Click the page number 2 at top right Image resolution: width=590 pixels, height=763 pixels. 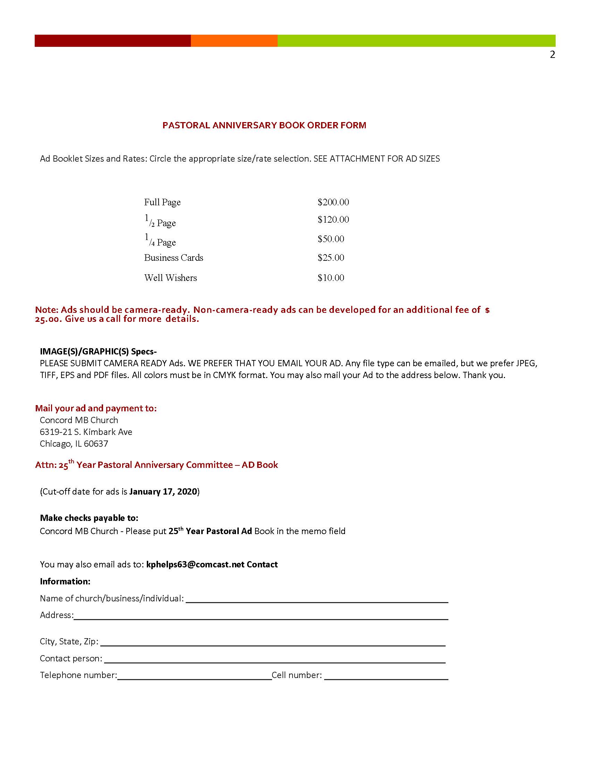(x=552, y=55)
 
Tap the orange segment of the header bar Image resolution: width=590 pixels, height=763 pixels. (x=234, y=41)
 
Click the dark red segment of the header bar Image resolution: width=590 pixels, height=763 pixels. (x=112, y=41)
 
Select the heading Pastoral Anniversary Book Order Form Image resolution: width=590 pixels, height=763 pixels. (x=264, y=125)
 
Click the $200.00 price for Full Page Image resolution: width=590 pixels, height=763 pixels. (x=333, y=202)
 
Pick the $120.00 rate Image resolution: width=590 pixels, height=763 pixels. (x=333, y=220)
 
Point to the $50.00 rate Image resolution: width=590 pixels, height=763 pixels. (x=331, y=239)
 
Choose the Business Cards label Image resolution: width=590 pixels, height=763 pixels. (x=174, y=258)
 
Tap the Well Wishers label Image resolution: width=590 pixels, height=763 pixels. (x=170, y=278)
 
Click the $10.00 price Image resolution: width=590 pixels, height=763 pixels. (x=331, y=278)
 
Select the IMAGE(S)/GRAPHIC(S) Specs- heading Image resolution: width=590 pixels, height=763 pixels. (x=98, y=351)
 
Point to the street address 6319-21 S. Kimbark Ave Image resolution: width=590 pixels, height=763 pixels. (x=86, y=432)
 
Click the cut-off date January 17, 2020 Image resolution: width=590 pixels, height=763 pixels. (x=163, y=491)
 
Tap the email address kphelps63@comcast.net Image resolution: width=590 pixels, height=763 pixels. (x=195, y=564)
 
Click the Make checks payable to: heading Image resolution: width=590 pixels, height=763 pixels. (x=89, y=518)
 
